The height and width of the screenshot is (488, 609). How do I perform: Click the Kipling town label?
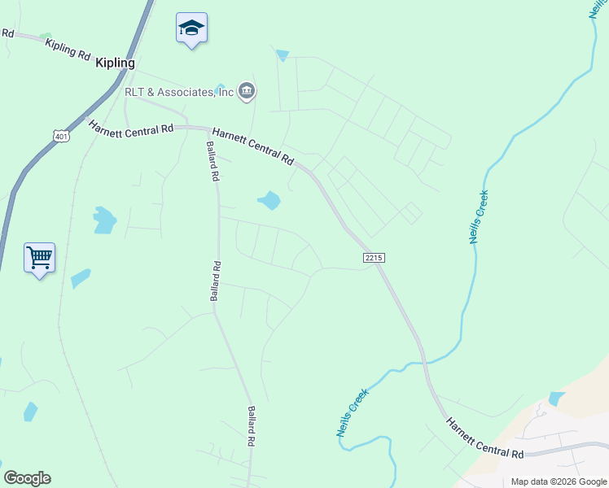[115, 63]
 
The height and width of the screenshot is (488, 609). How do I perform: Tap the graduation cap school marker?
[191, 28]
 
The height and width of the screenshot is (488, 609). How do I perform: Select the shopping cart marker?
[40, 259]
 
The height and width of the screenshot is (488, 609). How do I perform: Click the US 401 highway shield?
[62, 136]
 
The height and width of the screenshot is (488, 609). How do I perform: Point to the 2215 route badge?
[373, 257]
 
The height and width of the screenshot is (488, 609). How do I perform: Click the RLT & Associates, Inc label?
[178, 92]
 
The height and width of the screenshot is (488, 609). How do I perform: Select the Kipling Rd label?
[68, 49]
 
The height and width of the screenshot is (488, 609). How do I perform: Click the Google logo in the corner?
[27, 478]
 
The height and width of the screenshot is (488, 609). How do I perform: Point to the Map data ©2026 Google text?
[559, 481]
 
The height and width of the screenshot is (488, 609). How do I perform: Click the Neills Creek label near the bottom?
[353, 412]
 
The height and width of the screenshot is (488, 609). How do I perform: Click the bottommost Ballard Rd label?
[252, 425]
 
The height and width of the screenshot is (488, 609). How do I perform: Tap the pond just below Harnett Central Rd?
[269, 200]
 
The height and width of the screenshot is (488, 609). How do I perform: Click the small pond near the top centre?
[283, 55]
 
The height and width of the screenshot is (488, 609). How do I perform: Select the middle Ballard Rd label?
[216, 281]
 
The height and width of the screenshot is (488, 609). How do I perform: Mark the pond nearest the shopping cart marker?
[81, 278]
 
